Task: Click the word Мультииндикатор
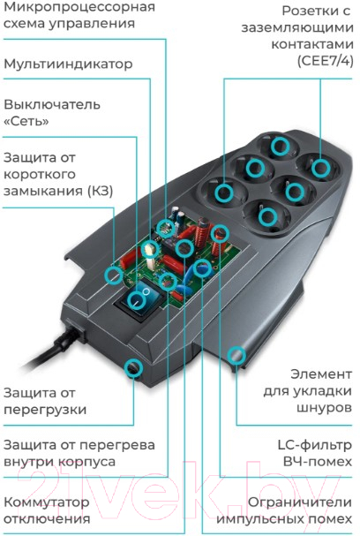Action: [68, 64]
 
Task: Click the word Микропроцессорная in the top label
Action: [79, 7]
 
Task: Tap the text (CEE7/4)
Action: [325, 61]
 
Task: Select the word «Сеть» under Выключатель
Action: [26, 121]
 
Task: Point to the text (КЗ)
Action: [101, 191]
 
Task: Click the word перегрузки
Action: [45, 410]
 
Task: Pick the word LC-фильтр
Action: [315, 445]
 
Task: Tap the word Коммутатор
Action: [47, 502]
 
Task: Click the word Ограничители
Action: [300, 502]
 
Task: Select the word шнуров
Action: [324, 408]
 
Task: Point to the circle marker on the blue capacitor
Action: [202, 268]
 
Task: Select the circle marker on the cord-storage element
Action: [236, 356]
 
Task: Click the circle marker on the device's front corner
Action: [133, 368]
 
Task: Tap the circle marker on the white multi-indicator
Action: [150, 248]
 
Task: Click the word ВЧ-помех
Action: [318, 462]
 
